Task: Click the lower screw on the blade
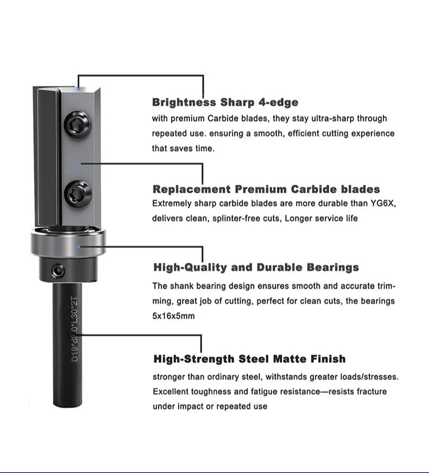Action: coord(77,193)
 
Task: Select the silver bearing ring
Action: coord(68,245)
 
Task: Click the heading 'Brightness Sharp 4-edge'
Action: coord(225,102)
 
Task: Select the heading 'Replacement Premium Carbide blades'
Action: coord(266,190)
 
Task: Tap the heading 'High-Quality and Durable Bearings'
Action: coord(256,267)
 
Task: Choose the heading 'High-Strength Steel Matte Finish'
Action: coord(249,359)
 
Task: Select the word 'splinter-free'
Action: coord(258,218)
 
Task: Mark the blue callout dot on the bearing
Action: coord(80,247)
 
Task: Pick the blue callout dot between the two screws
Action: coord(80,162)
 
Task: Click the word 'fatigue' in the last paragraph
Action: coord(287,391)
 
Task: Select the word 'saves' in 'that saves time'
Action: coord(181,148)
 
